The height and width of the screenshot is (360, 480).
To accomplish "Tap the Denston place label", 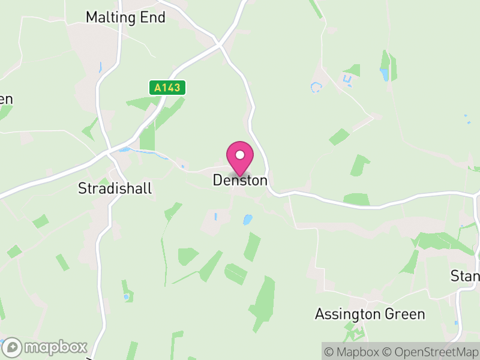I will click(240, 180).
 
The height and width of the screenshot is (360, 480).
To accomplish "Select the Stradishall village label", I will click(115, 188).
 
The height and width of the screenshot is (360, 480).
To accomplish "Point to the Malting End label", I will click(125, 17).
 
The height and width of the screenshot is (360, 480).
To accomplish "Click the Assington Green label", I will click(370, 314).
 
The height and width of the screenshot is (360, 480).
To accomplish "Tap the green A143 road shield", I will click(167, 88).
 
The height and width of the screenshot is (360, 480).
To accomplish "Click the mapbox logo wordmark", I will click(56, 347).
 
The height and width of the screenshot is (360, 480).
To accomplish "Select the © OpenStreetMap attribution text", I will click(430, 351).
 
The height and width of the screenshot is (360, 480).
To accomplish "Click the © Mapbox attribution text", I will click(352, 351).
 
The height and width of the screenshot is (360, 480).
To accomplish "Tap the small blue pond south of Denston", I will click(247, 220).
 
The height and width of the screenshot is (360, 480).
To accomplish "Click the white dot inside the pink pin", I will click(240, 155).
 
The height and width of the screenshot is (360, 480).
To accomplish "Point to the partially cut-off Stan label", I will click(466, 276).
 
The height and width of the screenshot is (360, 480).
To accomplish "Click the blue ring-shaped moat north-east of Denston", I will click(316, 88).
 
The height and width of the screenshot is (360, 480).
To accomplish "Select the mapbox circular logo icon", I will click(13, 347).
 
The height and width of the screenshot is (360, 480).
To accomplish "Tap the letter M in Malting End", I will click(92, 17).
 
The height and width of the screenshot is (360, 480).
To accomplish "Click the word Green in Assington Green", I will click(406, 314).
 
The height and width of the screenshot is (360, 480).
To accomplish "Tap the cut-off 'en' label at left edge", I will click(5, 100).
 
